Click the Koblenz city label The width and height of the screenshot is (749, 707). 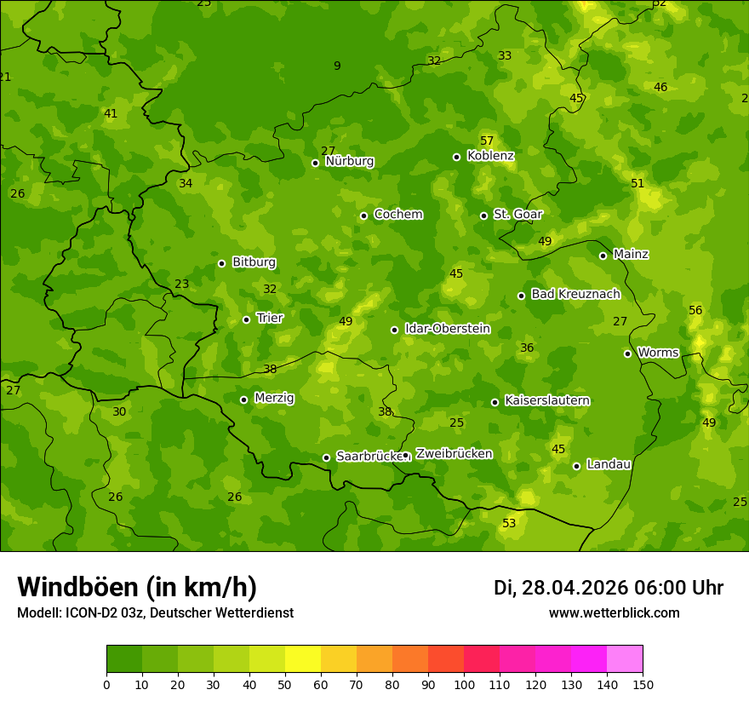tap(490, 156)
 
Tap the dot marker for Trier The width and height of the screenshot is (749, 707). tap(246, 319)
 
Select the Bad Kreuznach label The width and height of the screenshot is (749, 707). tap(575, 294)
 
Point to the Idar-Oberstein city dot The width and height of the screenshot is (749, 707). tap(394, 330)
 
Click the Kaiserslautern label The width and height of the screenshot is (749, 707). tap(547, 400)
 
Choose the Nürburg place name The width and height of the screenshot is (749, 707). tap(349, 161)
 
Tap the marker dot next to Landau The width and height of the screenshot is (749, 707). tap(576, 466)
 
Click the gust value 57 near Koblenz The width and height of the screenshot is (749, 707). tap(487, 141)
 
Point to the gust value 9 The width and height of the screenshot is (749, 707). tap(337, 66)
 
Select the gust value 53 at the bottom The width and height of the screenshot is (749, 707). tap(509, 523)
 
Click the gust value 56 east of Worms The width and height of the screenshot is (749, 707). tap(695, 310)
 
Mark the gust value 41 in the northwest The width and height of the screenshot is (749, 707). tap(111, 113)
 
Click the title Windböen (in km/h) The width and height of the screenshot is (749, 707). tap(137, 587)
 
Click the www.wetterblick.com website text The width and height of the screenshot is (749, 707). tap(614, 612)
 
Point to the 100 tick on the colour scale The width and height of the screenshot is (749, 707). tap(464, 684)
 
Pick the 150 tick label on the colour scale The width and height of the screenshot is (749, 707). tap(643, 684)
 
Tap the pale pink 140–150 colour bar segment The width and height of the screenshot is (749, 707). tap(625, 659)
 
